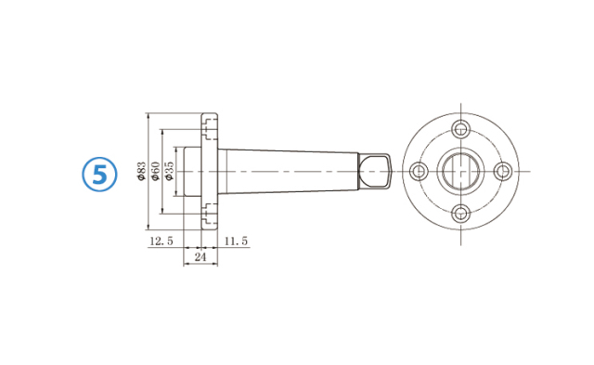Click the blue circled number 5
click(99, 173)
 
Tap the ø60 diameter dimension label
click(156, 172)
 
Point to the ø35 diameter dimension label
click(169, 172)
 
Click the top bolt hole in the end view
click(460, 129)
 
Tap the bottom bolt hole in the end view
click(460, 214)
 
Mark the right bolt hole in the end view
click(503, 171)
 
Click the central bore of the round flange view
click(460, 171)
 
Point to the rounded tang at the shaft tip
click(375, 171)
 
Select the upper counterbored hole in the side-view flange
click(210, 121)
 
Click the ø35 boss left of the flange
click(187, 171)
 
